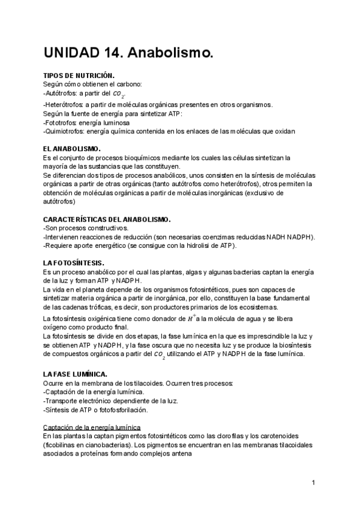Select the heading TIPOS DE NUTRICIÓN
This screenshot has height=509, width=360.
click(79, 76)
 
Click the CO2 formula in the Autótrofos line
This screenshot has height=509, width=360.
click(119, 94)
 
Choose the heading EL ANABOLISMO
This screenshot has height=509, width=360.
click(72, 148)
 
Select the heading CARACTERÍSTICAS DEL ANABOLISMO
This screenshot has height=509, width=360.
click(107, 219)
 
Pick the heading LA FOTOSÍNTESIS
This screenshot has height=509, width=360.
click(74, 263)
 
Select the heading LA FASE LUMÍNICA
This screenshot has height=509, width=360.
click(76, 373)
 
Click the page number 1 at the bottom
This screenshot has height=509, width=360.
click(313, 482)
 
